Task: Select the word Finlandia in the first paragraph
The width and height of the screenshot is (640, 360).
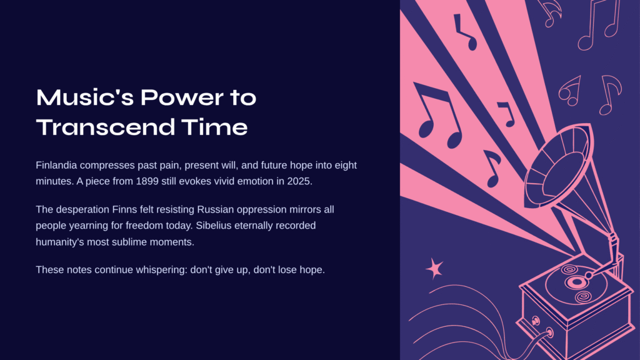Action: (x=56, y=165)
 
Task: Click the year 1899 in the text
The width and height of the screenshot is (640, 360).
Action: (x=147, y=181)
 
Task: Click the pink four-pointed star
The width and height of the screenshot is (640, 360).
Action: (x=434, y=269)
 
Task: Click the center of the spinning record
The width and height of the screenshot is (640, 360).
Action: (x=576, y=282)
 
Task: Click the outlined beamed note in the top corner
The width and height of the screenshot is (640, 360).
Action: (x=599, y=24)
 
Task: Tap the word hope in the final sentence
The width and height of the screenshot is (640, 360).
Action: (x=311, y=270)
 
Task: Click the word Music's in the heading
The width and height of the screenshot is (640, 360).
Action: (x=85, y=97)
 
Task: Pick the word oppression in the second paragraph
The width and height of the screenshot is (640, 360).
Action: (x=262, y=210)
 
